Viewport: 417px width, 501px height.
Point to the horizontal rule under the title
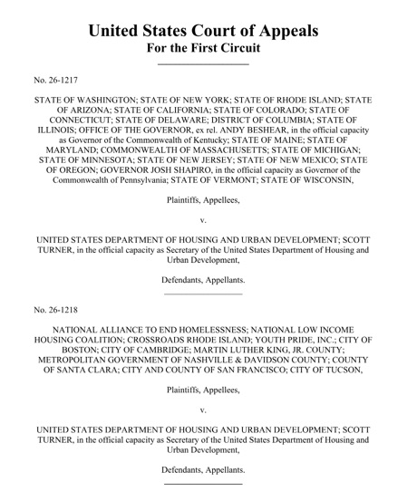coord(203,63)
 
